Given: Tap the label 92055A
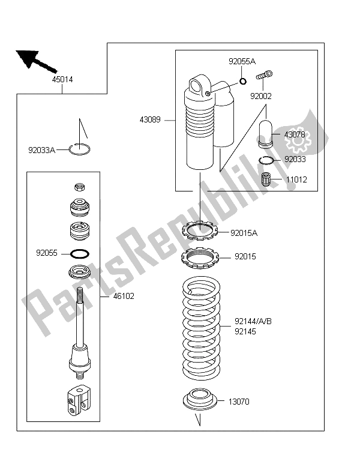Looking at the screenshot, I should coord(242,61).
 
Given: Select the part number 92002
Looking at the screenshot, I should coord(262,95).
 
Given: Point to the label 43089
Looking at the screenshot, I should coord(149,120).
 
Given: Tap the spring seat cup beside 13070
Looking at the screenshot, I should coord(198,400).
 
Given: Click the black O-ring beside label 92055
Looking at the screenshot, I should coord(81,253).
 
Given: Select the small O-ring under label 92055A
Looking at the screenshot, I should coord(242,82).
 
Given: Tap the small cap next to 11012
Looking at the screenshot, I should coord(268,179).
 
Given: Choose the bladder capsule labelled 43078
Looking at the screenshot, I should coord(266,134).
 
